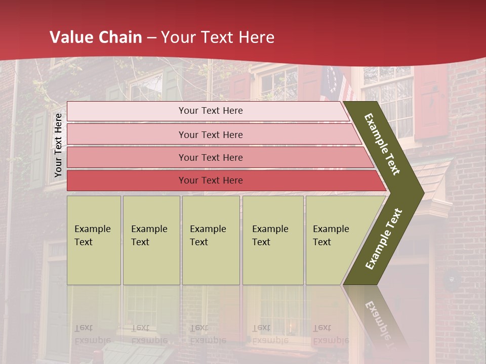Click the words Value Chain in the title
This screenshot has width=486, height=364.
(96, 37)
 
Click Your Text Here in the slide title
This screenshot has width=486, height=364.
(218, 37)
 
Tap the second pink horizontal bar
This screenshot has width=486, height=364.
(211, 134)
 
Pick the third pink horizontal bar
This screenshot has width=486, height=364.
(211, 157)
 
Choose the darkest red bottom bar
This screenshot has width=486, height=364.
(211, 180)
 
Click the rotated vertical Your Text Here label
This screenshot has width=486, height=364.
(58, 145)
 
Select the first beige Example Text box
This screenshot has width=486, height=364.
(94, 240)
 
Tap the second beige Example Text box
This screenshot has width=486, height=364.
(151, 240)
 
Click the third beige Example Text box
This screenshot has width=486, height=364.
(210, 240)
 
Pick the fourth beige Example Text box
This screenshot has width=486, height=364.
(272, 240)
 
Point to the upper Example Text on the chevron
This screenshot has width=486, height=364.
(382, 144)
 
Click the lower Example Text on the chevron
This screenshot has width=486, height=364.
(384, 239)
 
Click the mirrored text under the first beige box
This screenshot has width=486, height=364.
(91, 334)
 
